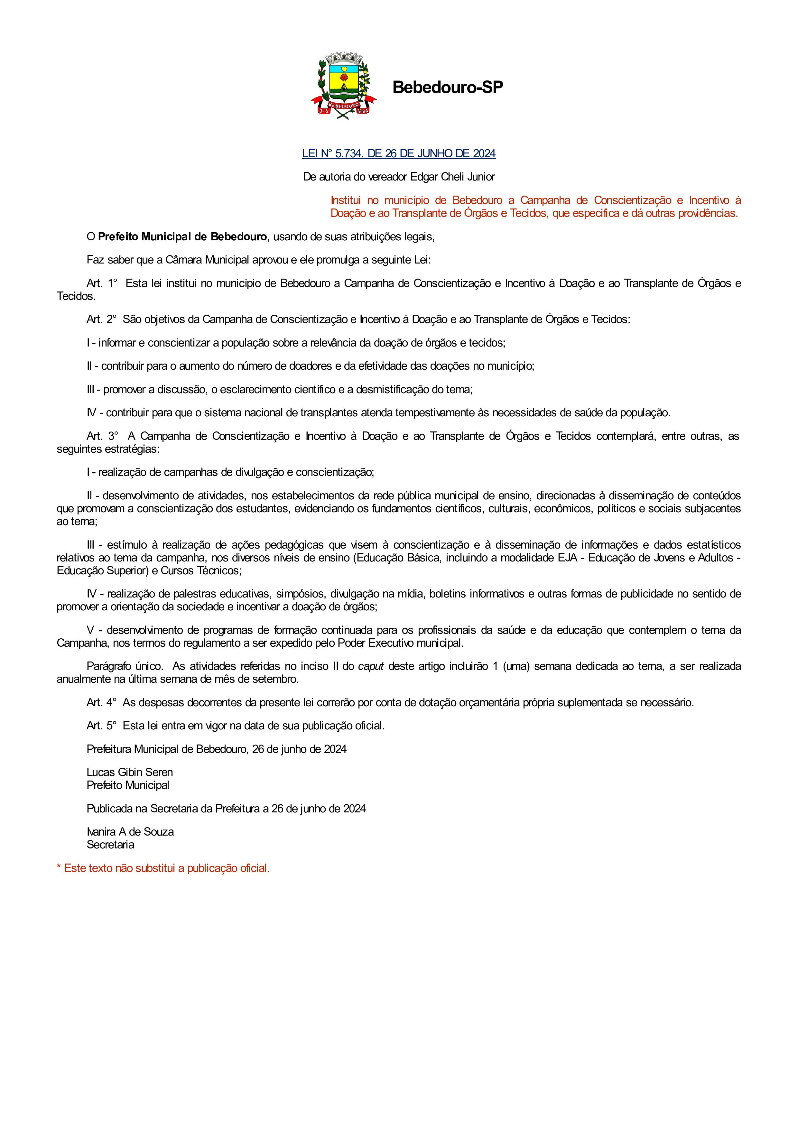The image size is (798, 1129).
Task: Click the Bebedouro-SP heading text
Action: click(x=448, y=88)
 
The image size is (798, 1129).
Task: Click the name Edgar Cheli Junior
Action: click(x=453, y=177)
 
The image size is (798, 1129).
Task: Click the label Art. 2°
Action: click(x=101, y=319)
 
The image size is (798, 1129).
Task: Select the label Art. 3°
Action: click(x=102, y=437)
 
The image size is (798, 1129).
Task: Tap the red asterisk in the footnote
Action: click(x=59, y=868)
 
